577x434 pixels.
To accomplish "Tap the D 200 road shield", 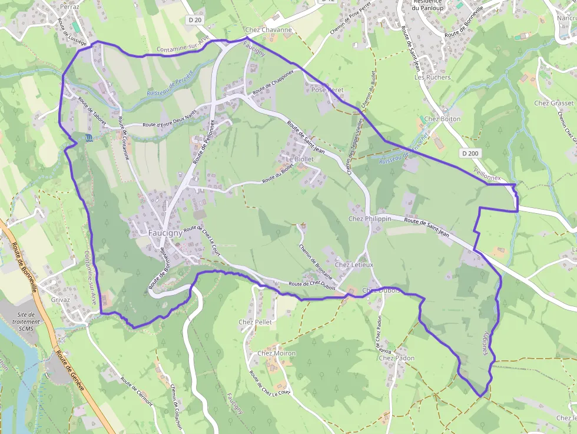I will pos(470,153).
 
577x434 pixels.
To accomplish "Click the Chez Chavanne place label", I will pos(268,29).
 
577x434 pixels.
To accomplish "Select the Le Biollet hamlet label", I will pos(300,159).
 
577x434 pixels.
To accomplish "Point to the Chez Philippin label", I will pos(370,218).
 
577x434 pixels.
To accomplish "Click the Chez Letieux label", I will pos(354,265).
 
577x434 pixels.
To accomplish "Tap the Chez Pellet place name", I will pos(255,322).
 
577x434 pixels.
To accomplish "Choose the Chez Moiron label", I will pos(276,353).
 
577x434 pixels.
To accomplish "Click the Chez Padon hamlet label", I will pos(396,358).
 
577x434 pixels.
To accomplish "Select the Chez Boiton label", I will pos(442,119).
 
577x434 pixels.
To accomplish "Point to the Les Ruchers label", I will pos(432,77).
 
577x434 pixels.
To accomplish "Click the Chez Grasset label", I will pos(553,103).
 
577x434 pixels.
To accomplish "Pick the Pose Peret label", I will pos(327,90).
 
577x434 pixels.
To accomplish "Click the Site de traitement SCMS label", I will pos(28,322).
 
